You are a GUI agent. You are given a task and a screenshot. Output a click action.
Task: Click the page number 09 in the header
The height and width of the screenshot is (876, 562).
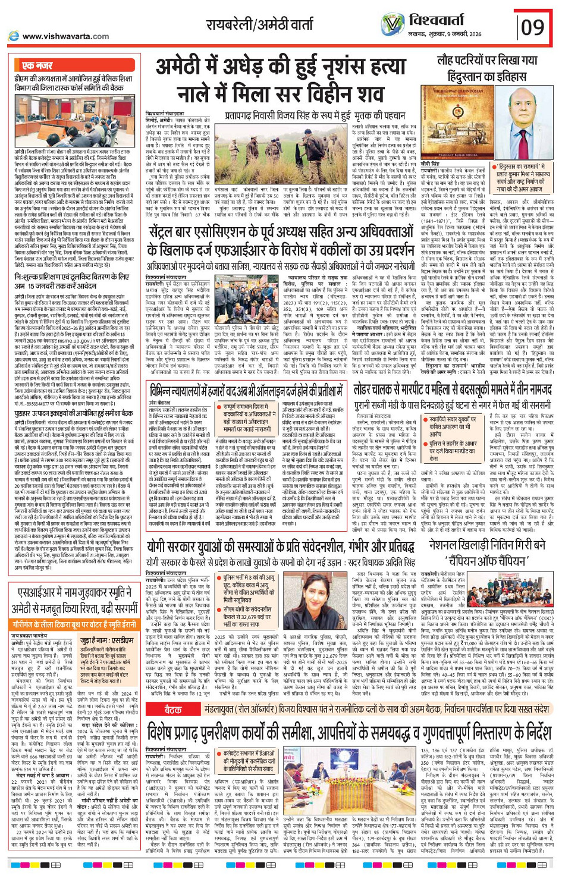pyautogui.click(x=533, y=27)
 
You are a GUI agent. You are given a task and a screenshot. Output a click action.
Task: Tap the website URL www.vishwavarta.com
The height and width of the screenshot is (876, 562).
pyautogui.click(x=57, y=36)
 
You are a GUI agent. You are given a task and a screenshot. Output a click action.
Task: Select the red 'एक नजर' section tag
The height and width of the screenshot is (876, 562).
pyautogui.click(x=36, y=65)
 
